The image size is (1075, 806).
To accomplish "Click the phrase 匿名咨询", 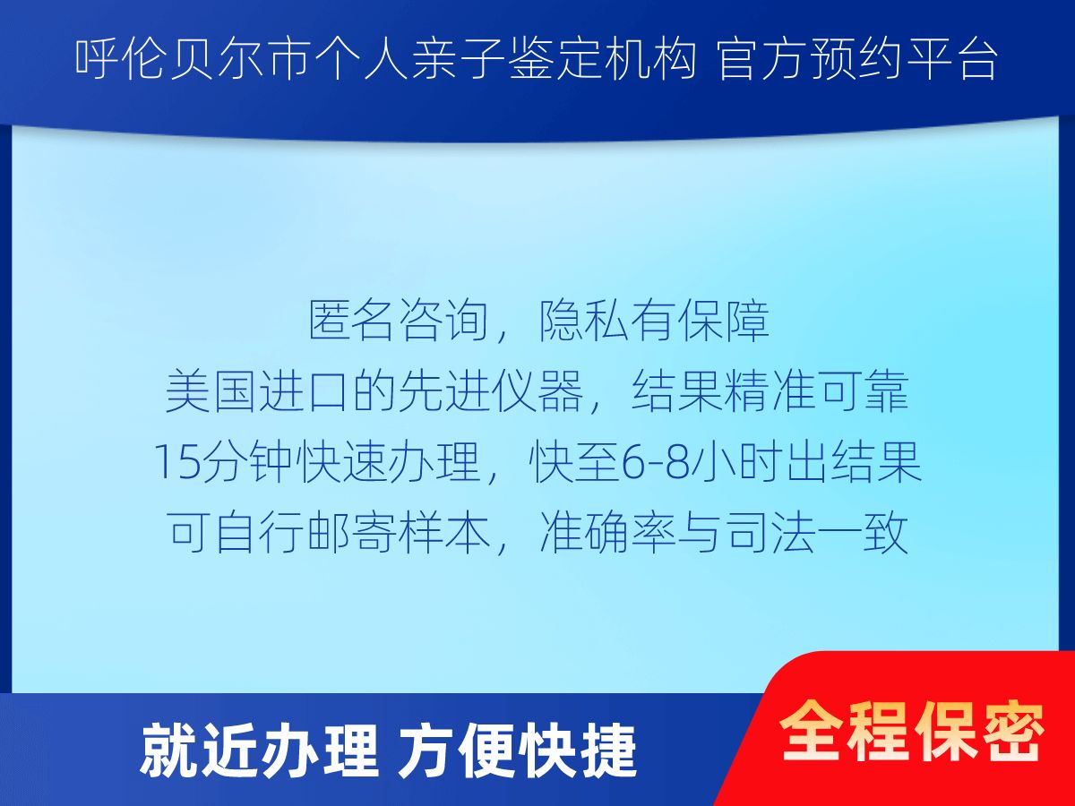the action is pyautogui.click(x=399, y=321).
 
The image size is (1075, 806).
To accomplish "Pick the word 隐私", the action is pyautogui.click(x=584, y=321).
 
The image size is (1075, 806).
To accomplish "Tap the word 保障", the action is pyautogui.click(x=723, y=321).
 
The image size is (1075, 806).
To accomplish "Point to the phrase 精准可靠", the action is pyautogui.click(x=816, y=391).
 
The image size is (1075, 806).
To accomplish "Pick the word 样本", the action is pyautogui.click(x=443, y=533).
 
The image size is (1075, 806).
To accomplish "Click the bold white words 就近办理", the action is pyautogui.click(x=260, y=750).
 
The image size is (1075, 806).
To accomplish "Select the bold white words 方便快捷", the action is pyautogui.click(x=518, y=750).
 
